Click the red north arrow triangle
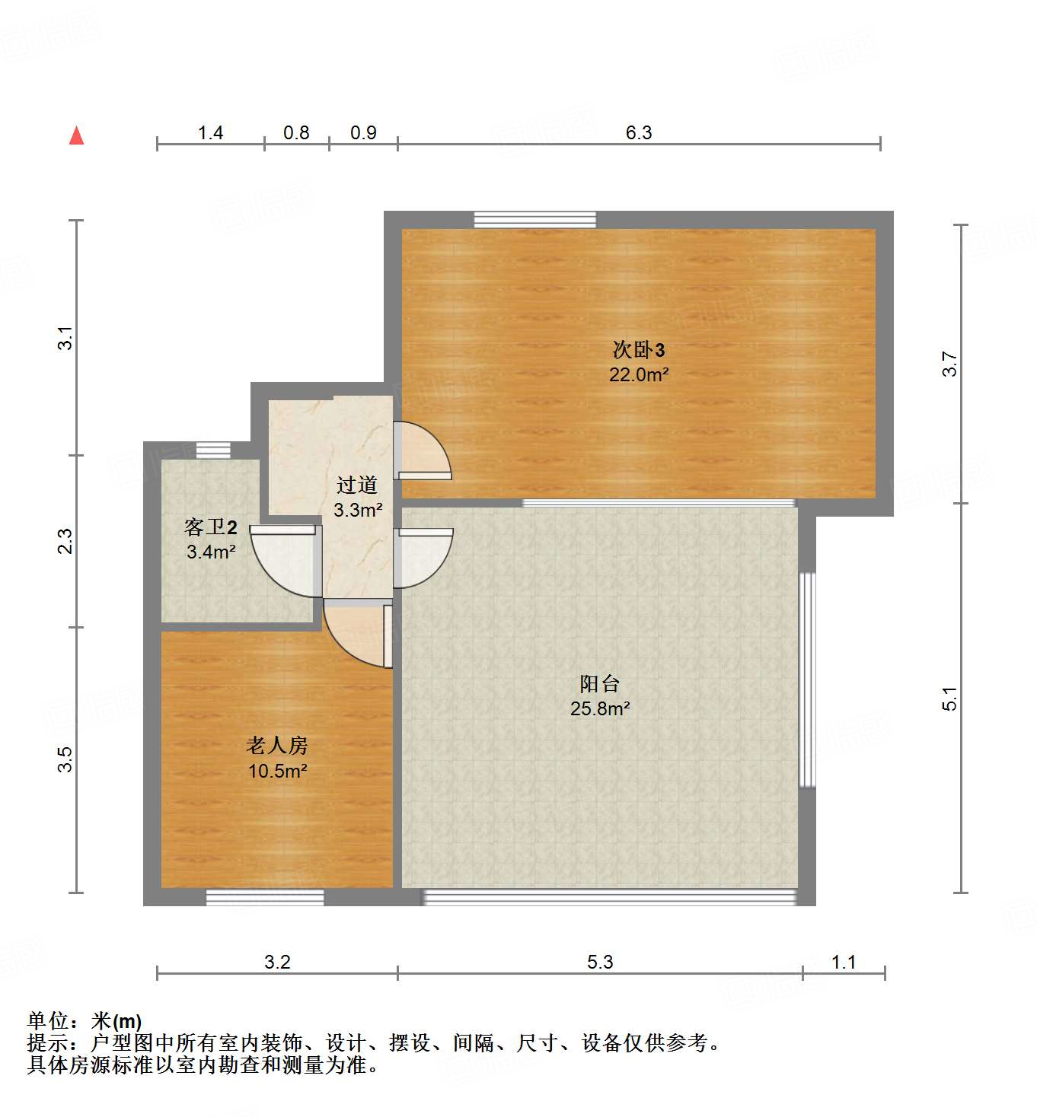pyautogui.click(x=76, y=135)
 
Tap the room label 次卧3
pyautogui.click(x=638, y=350)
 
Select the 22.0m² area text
pyautogui.click(x=638, y=374)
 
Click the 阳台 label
pyautogui.click(x=599, y=683)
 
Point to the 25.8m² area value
pyautogui.click(x=599, y=708)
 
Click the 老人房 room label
pyautogui.click(x=277, y=746)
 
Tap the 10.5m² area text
pyautogui.click(x=277, y=771)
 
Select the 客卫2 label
pyautogui.click(x=211, y=527)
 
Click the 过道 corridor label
pyautogui.click(x=357, y=485)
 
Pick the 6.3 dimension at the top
pyautogui.click(x=639, y=132)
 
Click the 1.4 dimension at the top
pyautogui.click(x=210, y=132)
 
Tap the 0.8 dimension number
pyautogui.click(x=296, y=132)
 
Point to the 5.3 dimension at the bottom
pyautogui.click(x=599, y=962)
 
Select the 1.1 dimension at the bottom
pyautogui.click(x=844, y=962)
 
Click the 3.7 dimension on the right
pyautogui.click(x=949, y=364)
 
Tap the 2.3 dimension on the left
pyautogui.click(x=66, y=541)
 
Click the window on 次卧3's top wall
pyautogui.click(x=534, y=220)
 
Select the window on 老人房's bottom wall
pyautogui.click(x=265, y=898)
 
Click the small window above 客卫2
pyautogui.click(x=213, y=450)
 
